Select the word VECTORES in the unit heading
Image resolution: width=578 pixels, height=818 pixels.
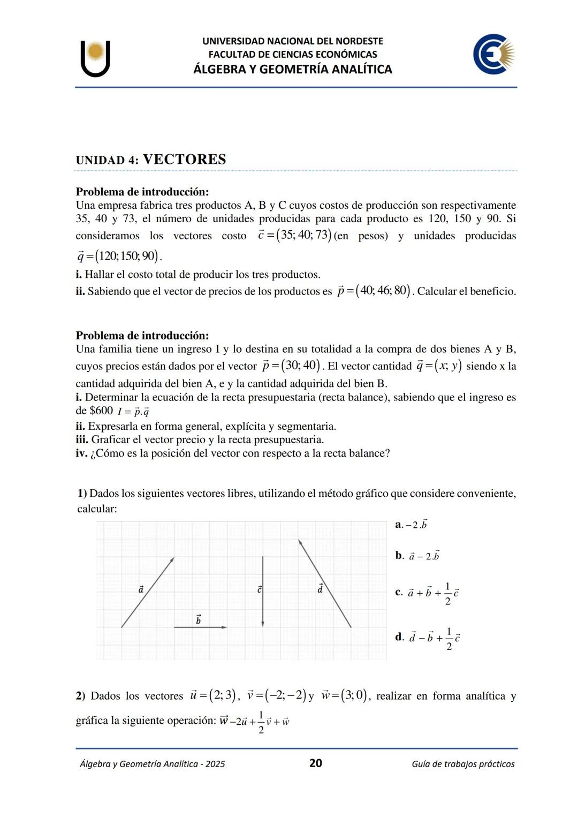(185, 160)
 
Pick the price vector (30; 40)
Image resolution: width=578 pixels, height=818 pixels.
(292, 366)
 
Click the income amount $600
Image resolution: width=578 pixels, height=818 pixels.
(101, 411)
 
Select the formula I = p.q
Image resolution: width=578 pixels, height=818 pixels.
(133, 412)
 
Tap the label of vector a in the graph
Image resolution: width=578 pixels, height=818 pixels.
(141, 589)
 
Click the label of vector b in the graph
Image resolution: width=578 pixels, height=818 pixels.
(199, 619)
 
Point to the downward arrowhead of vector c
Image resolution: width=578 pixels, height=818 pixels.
(263, 623)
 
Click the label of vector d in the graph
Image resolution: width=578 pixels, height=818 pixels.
(320, 588)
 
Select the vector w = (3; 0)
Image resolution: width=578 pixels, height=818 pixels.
(345, 695)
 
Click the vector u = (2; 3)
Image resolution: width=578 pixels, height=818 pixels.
(212, 695)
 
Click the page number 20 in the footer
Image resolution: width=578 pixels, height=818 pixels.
(316, 763)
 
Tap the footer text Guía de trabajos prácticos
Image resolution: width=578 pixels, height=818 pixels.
(463, 764)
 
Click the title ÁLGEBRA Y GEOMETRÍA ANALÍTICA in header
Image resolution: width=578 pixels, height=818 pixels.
(293, 69)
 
